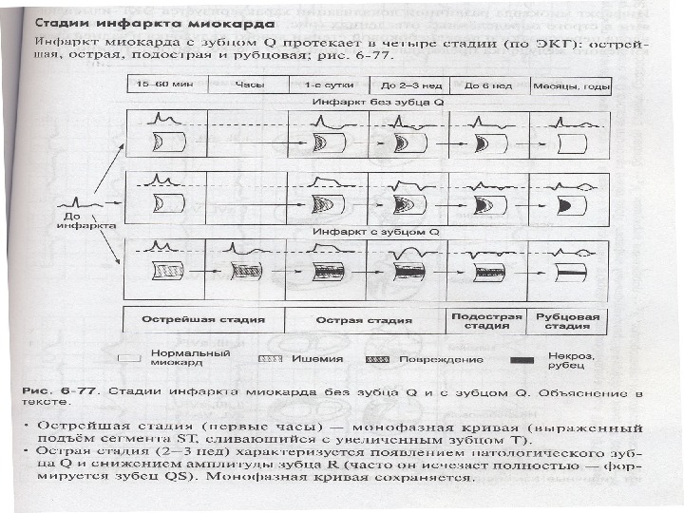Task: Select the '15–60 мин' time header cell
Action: coord(160,85)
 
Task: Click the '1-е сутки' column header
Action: coord(327,85)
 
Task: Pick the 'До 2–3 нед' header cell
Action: coord(407,85)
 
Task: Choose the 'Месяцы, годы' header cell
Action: coord(570,85)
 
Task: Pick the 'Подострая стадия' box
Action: coord(486,319)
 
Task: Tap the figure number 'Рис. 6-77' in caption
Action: coord(67,389)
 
